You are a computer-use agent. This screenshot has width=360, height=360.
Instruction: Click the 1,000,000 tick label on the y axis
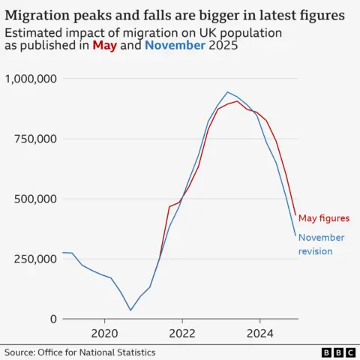(x=30, y=79)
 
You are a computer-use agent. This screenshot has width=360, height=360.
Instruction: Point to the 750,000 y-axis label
(x=34, y=139)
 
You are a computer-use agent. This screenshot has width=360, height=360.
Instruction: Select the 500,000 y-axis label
(x=34, y=199)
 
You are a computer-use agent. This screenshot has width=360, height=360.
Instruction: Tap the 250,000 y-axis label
(x=34, y=259)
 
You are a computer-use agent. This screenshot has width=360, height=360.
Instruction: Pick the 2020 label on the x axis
(x=103, y=332)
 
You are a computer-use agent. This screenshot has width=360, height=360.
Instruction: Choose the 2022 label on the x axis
(x=182, y=332)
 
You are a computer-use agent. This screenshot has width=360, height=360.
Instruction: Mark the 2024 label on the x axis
(x=260, y=332)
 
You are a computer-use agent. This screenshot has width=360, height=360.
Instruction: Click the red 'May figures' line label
(x=324, y=218)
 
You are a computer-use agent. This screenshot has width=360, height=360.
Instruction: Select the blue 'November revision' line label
(x=322, y=244)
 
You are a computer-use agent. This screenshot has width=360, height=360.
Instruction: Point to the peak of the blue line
(x=228, y=92)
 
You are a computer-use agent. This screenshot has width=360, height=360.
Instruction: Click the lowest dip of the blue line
(x=130, y=310)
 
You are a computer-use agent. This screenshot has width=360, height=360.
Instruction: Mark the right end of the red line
(x=295, y=216)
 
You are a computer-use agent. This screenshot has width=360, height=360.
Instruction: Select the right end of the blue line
(x=295, y=235)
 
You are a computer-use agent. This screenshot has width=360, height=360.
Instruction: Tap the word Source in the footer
(x=22, y=352)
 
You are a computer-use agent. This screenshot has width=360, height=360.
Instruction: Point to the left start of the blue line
(x=63, y=253)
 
